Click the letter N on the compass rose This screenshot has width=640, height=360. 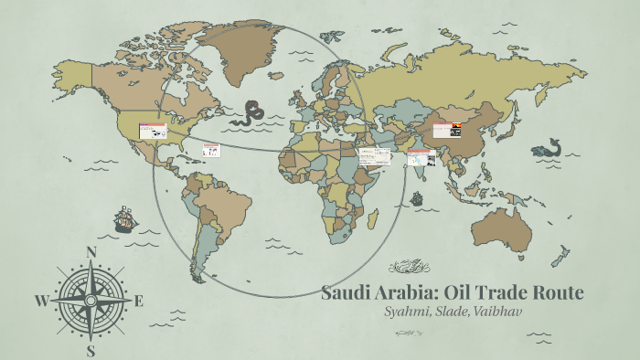coord(91,253)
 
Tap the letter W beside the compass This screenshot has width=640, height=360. coord(41,301)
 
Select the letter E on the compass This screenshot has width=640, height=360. coord(139,301)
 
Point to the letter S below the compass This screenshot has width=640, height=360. coord(91,349)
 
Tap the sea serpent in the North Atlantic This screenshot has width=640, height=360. coord(248,113)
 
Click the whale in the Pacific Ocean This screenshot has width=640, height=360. coord(548,148)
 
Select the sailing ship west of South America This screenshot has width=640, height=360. coord(125,219)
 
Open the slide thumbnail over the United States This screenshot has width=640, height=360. coord(152,132)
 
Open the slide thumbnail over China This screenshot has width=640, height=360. coord(447,130)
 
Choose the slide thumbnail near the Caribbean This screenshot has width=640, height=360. coord(211,150)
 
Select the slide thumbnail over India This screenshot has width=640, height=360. coord(420,159)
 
